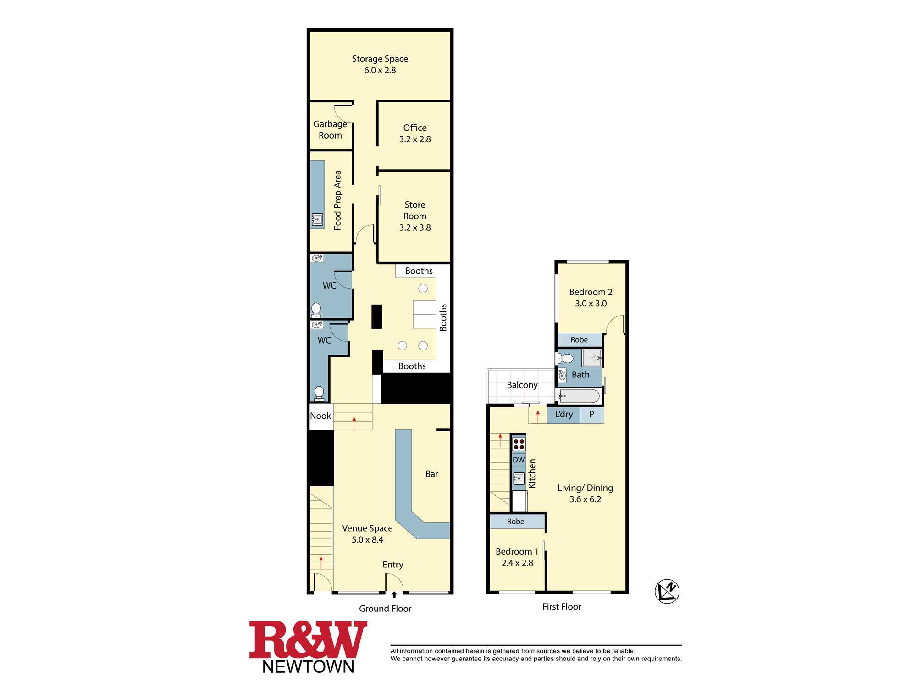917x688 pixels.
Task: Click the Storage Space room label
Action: (x=380, y=59)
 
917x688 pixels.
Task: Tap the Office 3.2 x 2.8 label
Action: (x=415, y=133)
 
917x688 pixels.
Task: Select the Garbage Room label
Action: (x=330, y=129)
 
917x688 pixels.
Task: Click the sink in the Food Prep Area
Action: (x=317, y=220)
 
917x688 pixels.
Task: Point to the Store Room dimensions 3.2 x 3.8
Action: (x=415, y=227)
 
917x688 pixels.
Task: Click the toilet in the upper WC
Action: (x=316, y=310)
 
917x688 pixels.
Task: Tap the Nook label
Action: (x=320, y=416)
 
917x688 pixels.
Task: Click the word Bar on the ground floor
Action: (x=431, y=474)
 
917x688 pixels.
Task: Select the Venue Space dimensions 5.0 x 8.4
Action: (x=367, y=540)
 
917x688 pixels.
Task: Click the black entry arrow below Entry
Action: (x=394, y=594)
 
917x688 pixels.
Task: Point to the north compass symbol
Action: (x=667, y=591)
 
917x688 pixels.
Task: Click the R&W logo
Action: (x=308, y=640)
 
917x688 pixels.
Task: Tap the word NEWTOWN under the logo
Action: (x=309, y=666)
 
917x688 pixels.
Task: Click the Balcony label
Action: (x=522, y=385)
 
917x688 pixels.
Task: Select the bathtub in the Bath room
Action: (x=580, y=396)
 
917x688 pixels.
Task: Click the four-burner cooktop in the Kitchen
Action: (x=519, y=444)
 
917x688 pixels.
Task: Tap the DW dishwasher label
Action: (x=519, y=460)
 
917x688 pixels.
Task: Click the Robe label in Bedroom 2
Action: (x=579, y=340)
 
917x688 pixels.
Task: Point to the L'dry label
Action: (x=564, y=414)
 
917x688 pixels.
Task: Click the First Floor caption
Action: (x=562, y=606)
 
